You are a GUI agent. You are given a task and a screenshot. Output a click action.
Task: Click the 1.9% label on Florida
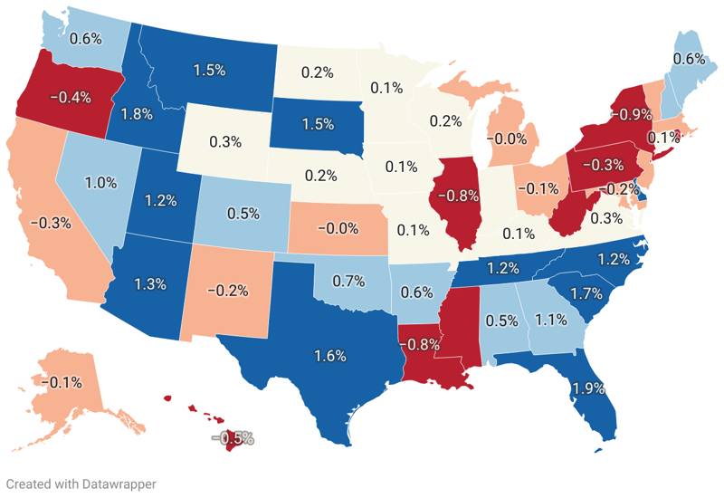pyautogui.click(x=590, y=390)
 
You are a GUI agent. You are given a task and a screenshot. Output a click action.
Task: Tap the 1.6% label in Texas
pyautogui.click(x=331, y=356)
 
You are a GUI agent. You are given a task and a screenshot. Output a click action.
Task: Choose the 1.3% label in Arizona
pyautogui.click(x=150, y=284)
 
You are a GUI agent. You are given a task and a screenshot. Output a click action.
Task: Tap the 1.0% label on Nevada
pyautogui.click(x=101, y=181)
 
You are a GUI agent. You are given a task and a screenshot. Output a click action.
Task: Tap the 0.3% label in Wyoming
pyautogui.click(x=224, y=141)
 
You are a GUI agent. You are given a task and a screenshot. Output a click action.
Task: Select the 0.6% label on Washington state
pyautogui.click(x=85, y=39)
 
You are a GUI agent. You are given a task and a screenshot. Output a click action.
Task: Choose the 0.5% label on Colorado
pyautogui.click(x=244, y=214)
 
